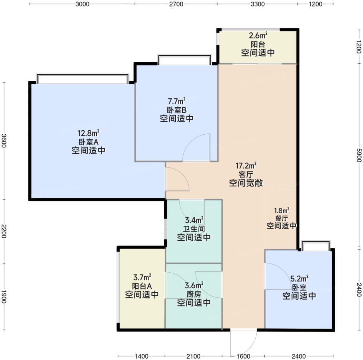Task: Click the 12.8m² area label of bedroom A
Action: (x=88, y=133)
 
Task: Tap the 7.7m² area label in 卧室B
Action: (x=177, y=101)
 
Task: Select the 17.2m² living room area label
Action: (x=246, y=166)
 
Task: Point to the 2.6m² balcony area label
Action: (x=258, y=35)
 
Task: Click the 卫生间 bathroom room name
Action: (x=194, y=229)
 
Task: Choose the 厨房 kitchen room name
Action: (x=194, y=294)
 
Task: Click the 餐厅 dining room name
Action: (x=282, y=218)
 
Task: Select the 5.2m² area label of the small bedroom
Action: (x=299, y=278)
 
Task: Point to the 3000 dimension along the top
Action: (x=82, y=4)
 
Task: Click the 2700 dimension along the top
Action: (x=176, y=4)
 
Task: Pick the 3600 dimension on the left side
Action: (x=4, y=141)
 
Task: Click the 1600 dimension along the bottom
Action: (x=243, y=356)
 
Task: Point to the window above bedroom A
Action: (x=83, y=78)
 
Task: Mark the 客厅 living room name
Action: (x=246, y=174)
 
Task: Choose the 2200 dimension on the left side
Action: (x=4, y=231)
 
